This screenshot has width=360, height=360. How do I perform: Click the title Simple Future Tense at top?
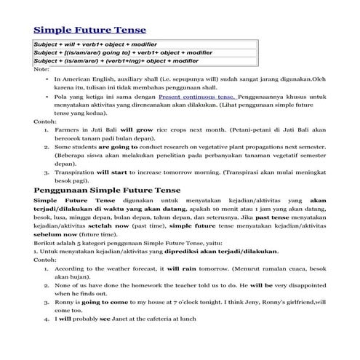tap(90, 30)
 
